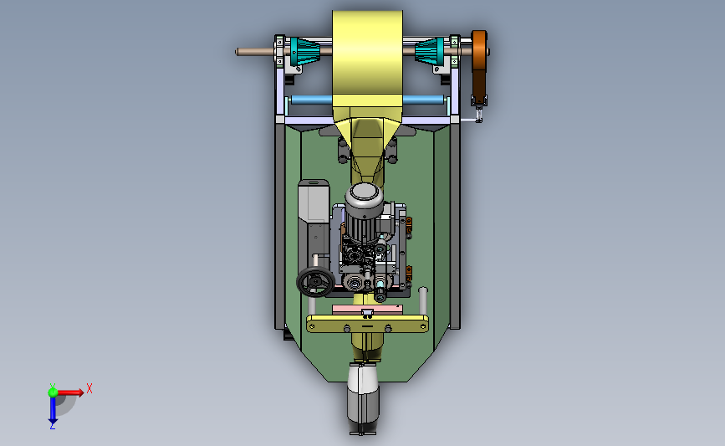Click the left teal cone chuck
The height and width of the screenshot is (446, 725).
(x=304, y=51)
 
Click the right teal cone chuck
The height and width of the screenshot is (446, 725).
(x=430, y=51)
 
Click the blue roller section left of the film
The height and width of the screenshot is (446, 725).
(x=312, y=100)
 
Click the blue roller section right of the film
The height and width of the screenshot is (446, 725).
(x=423, y=100)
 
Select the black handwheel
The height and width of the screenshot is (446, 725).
(x=315, y=281)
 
